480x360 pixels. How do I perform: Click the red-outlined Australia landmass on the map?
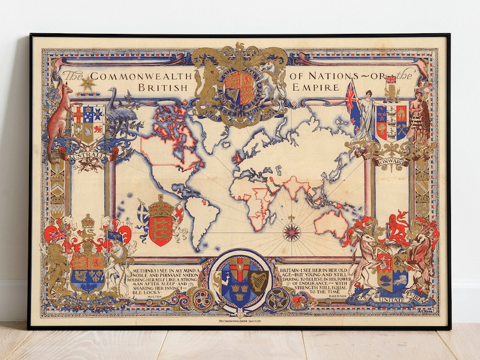point(331,224)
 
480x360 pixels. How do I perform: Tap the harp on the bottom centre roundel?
point(258,279)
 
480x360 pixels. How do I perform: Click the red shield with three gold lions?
point(160,227)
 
